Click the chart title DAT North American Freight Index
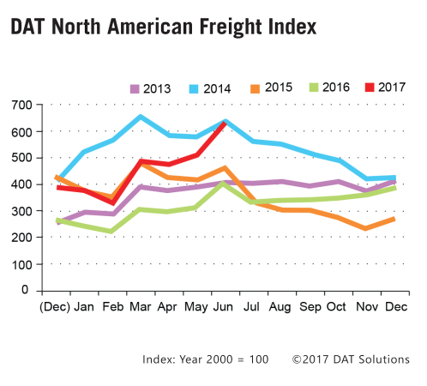coord(163,27)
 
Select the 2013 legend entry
coord(149,87)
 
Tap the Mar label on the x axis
coord(141,306)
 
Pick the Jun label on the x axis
coord(224,306)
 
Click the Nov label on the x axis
coord(367,306)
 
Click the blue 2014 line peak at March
coord(141,117)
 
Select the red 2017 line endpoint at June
coord(225,122)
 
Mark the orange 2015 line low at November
coord(367,228)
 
